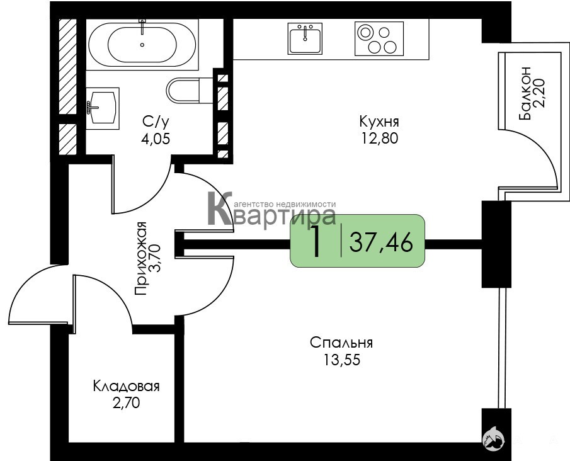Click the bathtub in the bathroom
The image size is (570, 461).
[142, 44]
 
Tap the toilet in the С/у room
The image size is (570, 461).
[190, 90]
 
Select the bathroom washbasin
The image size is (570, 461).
[103, 108]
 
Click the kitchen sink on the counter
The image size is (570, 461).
[305, 38]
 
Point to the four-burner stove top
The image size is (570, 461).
[379, 38]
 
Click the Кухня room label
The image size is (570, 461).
[379, 122]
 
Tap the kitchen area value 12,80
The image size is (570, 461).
[380, 138]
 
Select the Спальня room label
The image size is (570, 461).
[341, 343]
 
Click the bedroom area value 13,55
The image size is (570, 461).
[342, 360]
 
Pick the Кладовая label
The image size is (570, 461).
[126, 386]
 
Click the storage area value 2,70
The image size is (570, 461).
[126, 403]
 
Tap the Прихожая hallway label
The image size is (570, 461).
[140, 258]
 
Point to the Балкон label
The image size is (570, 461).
[525, 93]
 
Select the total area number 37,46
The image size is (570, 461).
[381, 242]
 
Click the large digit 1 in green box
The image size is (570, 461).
[316, 241]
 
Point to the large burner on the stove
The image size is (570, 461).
[364, 32]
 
